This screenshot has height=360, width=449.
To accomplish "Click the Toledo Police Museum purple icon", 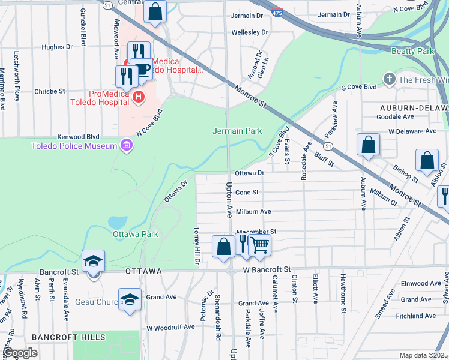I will point(126,145).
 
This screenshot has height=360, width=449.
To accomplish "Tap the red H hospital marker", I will point(139,96).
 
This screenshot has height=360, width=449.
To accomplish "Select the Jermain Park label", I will point(238,130).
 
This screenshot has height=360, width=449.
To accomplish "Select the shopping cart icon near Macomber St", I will point(259,245).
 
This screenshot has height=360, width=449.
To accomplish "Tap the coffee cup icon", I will point(142,69).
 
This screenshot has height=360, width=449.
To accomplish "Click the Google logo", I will point(20,353).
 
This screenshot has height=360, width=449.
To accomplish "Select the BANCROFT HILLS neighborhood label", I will point(62,337).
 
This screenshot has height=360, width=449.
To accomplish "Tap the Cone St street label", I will point(247,193).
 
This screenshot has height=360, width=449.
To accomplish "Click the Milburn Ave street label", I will point(253,211).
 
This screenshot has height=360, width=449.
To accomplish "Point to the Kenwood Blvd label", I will point(78,137).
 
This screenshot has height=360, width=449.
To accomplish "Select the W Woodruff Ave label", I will point(171,327).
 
